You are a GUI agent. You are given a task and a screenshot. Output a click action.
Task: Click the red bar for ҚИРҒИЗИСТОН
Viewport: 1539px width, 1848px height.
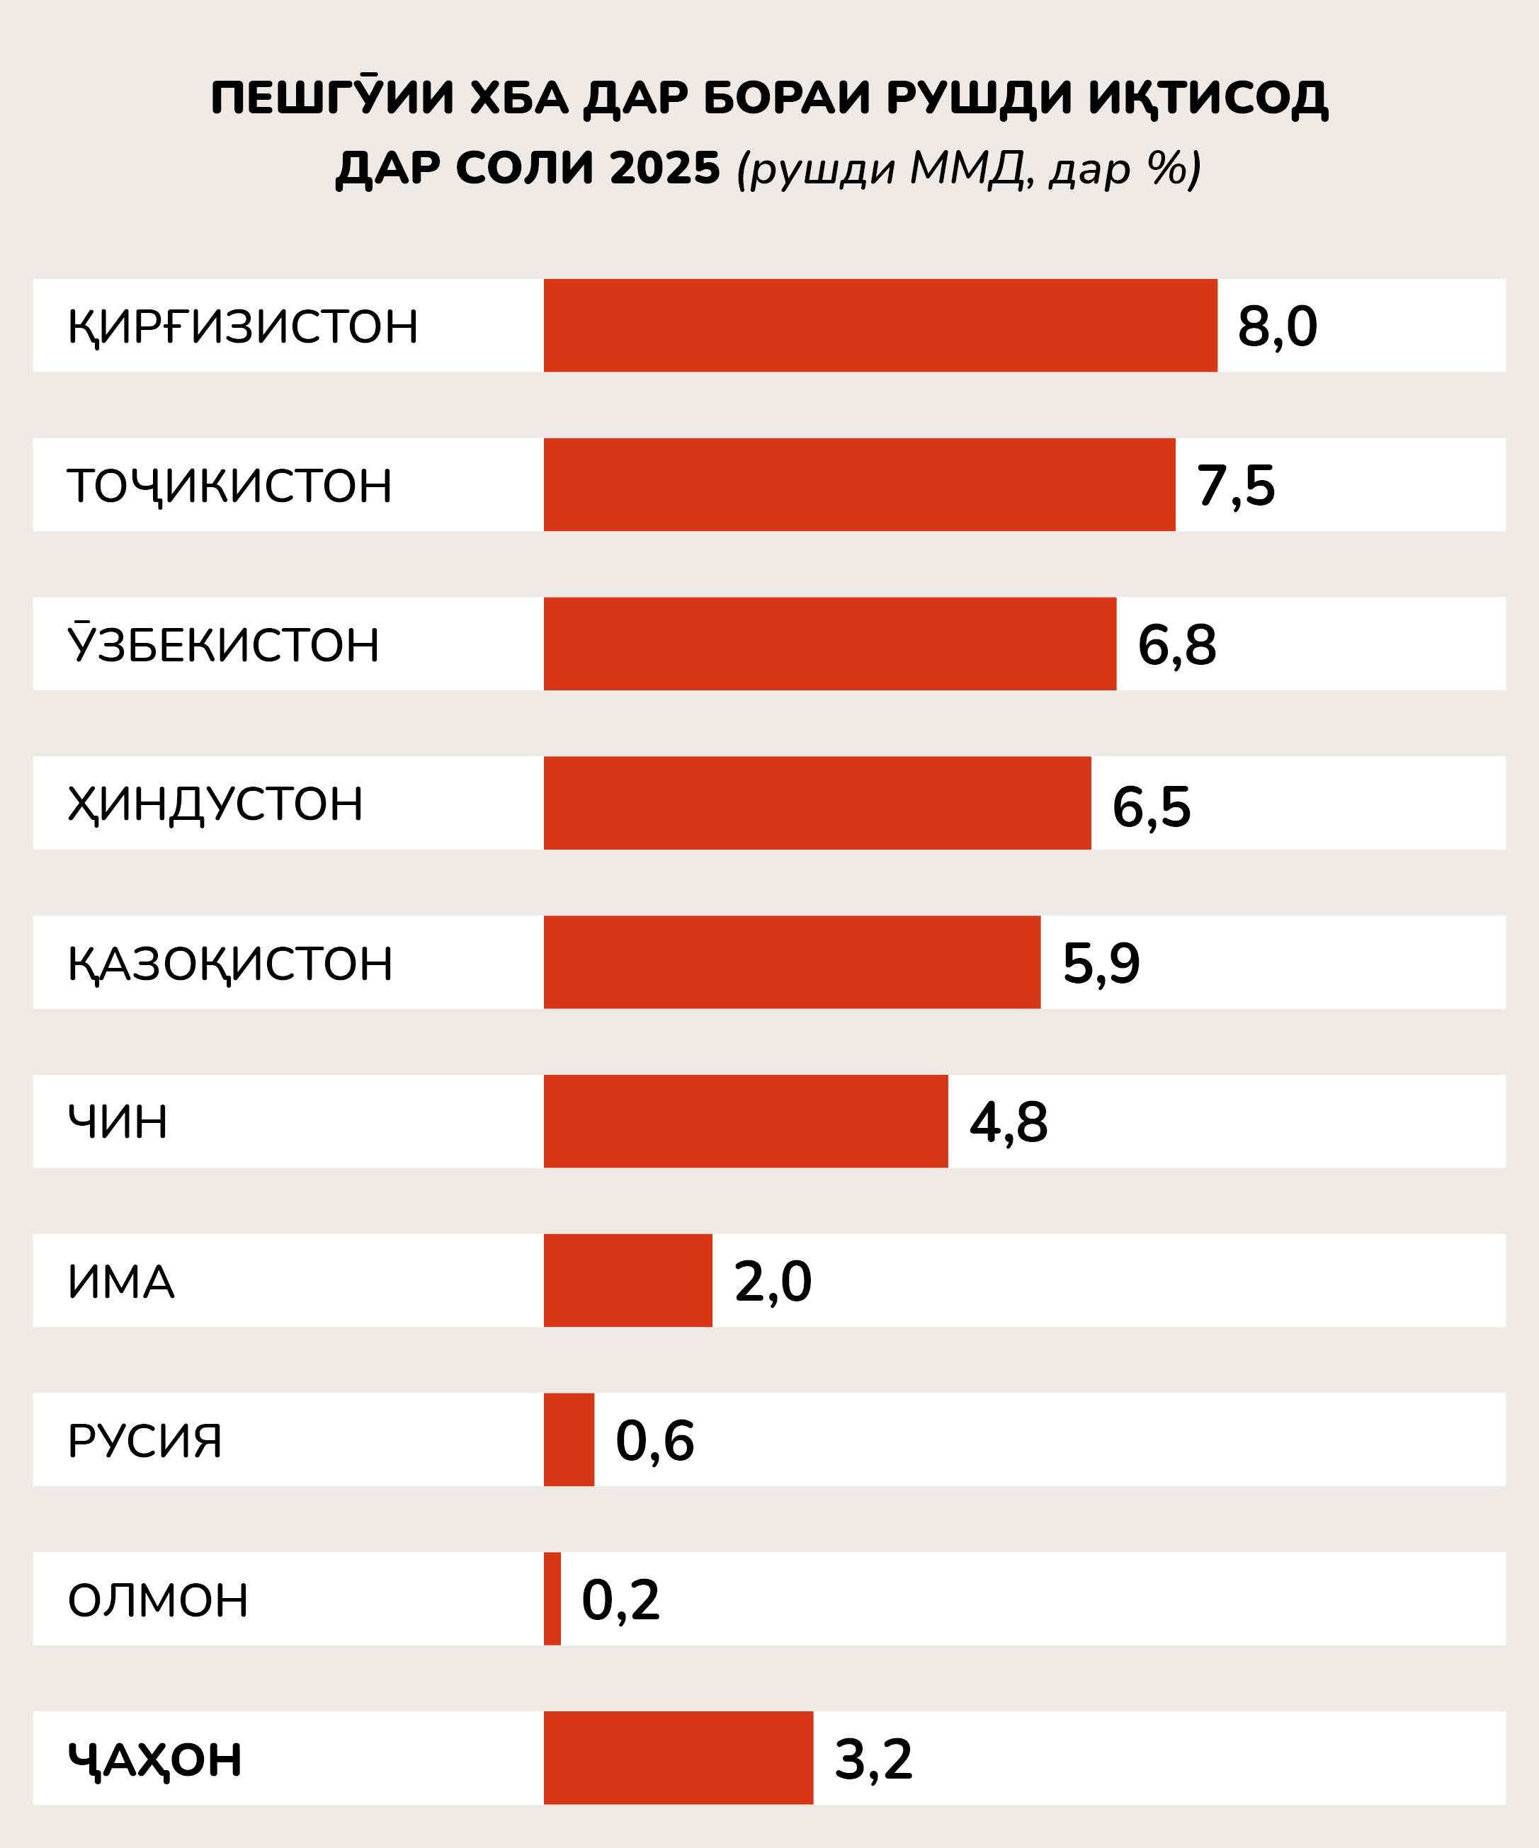[x=880, y=326]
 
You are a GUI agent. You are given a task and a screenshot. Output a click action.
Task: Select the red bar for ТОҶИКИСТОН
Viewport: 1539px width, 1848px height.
[x=859, y=485]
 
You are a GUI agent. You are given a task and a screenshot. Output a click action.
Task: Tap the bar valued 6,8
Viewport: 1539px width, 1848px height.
[x=829, y=644]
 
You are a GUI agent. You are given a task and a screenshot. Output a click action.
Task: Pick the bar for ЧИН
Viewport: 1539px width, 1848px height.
[x=746, y=1121]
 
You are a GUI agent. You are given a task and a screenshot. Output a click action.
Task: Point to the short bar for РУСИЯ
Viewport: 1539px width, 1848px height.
[x=569, y=1439]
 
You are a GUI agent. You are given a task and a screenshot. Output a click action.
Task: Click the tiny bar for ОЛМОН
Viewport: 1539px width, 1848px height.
[x=552, y=1599]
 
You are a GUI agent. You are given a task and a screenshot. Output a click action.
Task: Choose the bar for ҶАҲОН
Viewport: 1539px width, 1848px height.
[x=678, y=1758]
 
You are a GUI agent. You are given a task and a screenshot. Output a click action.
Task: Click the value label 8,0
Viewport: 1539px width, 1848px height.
[x=1277, y=326]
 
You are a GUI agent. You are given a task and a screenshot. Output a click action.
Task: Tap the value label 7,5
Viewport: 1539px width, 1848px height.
[x=1235, y=486]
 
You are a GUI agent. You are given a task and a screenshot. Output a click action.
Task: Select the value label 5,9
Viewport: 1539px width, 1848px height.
[x=1101, y=963]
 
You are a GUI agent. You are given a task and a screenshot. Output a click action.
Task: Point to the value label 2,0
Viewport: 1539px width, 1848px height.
[x=772, y=1282]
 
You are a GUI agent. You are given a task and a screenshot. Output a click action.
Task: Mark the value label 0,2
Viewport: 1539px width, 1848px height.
[x=620, y=1600]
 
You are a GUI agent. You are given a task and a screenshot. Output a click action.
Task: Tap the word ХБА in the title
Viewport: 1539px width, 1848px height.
[x=518, y=98]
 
